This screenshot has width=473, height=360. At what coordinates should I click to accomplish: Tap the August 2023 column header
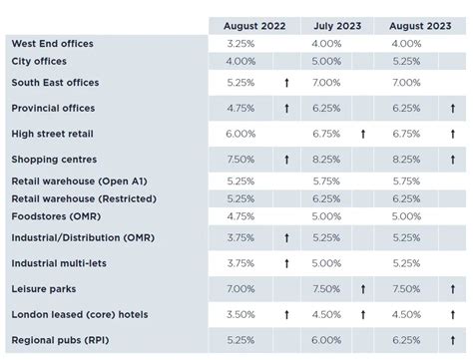(419, 26)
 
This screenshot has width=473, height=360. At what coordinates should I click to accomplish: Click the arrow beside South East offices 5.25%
(285, 83)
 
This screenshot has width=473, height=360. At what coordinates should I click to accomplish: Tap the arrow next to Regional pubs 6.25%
(451, 339)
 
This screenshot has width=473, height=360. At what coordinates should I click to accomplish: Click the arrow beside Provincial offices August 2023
(451, 108)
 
